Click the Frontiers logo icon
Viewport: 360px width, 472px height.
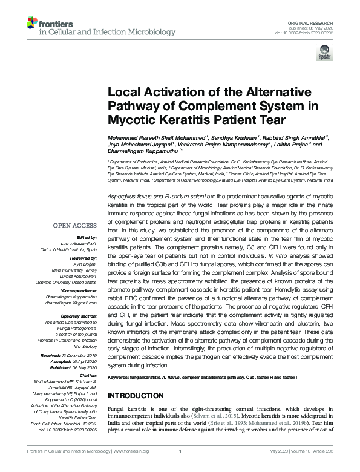[33, 24]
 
